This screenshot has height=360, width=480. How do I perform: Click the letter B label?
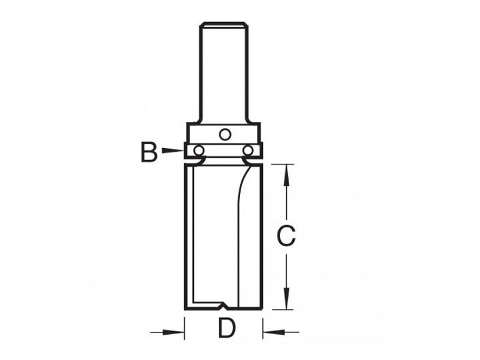149,152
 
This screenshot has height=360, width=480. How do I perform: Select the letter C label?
287,237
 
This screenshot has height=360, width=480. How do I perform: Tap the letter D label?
226,329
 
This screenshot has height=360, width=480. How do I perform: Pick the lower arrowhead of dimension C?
287,302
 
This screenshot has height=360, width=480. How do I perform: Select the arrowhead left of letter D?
177,331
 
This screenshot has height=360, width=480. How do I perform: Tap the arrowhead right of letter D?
271,331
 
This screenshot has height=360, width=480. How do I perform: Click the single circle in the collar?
224,134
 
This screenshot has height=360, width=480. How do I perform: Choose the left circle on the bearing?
199,150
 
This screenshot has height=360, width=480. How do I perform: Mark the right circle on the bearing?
248,150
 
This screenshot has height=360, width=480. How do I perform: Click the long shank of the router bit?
224,72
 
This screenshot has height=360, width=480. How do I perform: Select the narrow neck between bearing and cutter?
224,161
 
